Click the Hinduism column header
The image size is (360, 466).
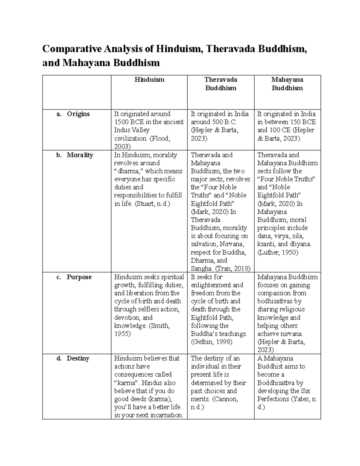(x=149, y=80)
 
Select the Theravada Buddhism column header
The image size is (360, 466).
(x=220, y=84)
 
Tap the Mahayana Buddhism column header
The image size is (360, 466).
(x=287, y=84)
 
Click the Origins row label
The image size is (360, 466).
(x=78, y=114)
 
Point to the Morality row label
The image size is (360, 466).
(x=80, y=155)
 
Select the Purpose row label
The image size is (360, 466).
(x=79, y=277)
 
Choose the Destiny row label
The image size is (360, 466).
(x=78, y=358)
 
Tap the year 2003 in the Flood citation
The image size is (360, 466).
(x=122, y=146)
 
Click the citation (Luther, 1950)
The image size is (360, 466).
(x=278, y=252)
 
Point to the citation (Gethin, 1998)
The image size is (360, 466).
(x=211, y=342)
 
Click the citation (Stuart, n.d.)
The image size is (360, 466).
(x=152, y=204)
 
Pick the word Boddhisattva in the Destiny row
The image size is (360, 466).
(x=276, y=383)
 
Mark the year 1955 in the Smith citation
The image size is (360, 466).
(x=122, y=334)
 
